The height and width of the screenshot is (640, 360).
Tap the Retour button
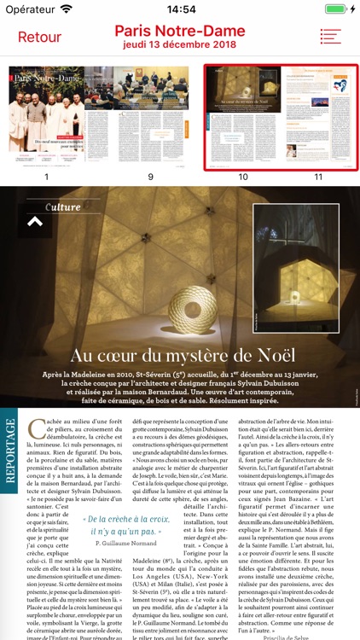point(39,37)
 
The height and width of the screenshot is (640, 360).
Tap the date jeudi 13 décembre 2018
point(180,44)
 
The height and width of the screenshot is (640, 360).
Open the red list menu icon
point(330,37)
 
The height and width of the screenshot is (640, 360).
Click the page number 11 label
point(318,177)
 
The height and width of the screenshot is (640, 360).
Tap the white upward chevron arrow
point(35,222)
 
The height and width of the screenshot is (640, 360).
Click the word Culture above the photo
point(63,207)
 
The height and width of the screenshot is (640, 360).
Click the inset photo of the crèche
point(295,267)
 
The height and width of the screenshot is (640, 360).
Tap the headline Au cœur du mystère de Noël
point(183,356)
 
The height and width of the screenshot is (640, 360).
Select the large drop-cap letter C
point(35,428)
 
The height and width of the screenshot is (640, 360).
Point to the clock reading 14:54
point(180,9)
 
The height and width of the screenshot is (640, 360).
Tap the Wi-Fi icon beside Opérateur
point(66,9)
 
